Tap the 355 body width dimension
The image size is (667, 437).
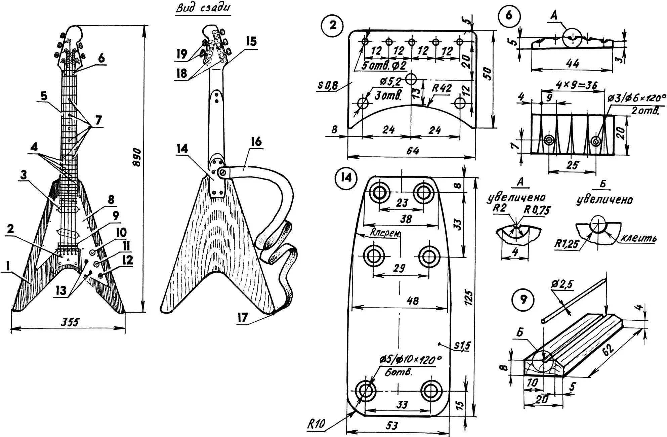tap(70, 322)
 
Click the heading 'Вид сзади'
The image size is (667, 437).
tap(203, 8)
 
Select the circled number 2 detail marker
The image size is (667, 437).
tap(332, 25)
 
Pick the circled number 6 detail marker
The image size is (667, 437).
tap(509, 15)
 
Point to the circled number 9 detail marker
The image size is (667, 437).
tap(523, 300)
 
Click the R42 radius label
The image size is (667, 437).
tap(441, 89)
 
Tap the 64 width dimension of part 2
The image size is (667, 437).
tap(412, 150)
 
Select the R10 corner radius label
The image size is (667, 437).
tap(316, 425)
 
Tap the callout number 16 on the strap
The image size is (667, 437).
tap(256, 142)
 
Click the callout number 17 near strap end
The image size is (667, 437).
tap(242, 318)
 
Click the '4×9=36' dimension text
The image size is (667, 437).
tap(576, 85)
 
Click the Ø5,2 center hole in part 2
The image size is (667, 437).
tap(411, 80)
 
